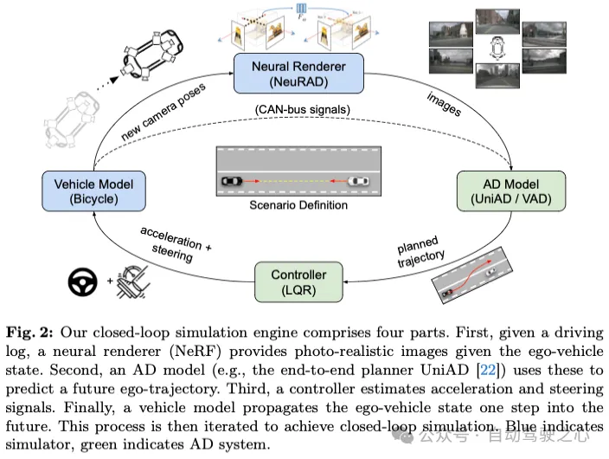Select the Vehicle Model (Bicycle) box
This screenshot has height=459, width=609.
tap(88, 191)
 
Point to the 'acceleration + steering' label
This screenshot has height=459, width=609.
tap(173, 244)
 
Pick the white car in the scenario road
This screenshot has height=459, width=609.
tap(361, 182)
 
